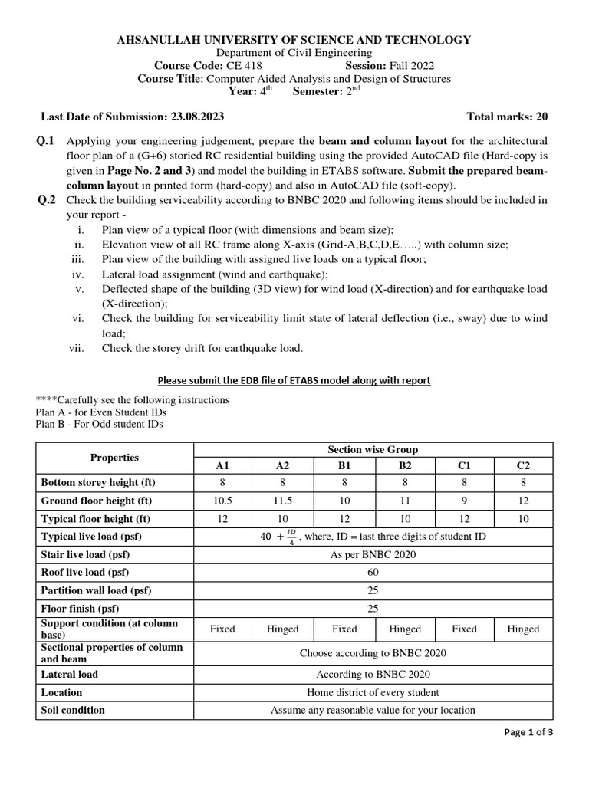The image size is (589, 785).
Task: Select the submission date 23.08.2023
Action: [x=195, y=117]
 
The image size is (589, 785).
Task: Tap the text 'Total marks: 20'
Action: [x=508, y=117]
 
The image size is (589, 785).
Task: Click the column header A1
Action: [x=222, y=465]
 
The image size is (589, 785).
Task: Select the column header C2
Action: [x=523, y=465]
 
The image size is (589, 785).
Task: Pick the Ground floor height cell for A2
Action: [x=282, y=501]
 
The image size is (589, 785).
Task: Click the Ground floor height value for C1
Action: [x=464, y=501]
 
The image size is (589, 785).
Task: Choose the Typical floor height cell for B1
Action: [x=344, y=519]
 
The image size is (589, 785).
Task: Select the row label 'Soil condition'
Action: [x=73, y=710]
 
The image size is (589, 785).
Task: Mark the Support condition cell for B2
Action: [x=405, y=629]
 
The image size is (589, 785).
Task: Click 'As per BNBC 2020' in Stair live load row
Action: [x=373, y=555]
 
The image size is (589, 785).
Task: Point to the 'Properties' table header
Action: [x=114, y=458]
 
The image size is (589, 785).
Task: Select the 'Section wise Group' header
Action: [x=373, y=449]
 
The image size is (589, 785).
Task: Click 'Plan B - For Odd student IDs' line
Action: [x=100, y=424]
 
